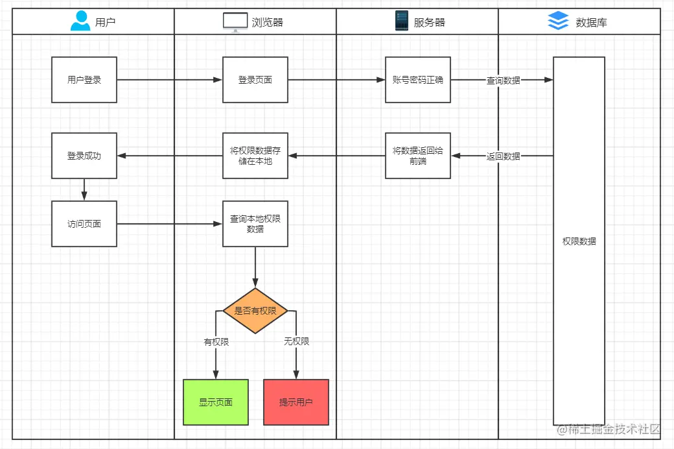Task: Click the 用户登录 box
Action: click(x=84, y=80)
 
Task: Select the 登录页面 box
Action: click(x=255, y=80)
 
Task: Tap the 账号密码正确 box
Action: click(x=418, y=80)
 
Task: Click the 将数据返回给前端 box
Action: click(x=418, y=156)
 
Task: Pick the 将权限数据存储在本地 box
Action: click(x=255, y=156)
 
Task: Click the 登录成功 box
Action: click(x=84, y=156)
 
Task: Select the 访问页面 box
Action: click(x=84, y=224)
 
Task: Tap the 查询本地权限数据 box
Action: click(x=255, y=224)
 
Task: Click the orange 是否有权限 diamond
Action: click(x=255, y=311)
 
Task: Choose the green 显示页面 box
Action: click(x=216, y=402)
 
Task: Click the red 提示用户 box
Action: click(x=296, y=402)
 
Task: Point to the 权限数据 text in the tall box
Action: click(x=579, y=241)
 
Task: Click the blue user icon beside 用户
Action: click(x=80, y=21)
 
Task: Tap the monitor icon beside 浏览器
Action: click(x=235, y=22)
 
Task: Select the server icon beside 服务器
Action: click(x=402, y=21)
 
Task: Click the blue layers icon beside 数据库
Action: click(x=558, y=21)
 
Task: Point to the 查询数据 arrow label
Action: click(x=504, y=80)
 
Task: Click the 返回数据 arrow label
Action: click(x=504, y=156)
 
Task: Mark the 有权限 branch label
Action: click(x=216, y=341)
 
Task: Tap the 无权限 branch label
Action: click(x=296, y=341)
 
